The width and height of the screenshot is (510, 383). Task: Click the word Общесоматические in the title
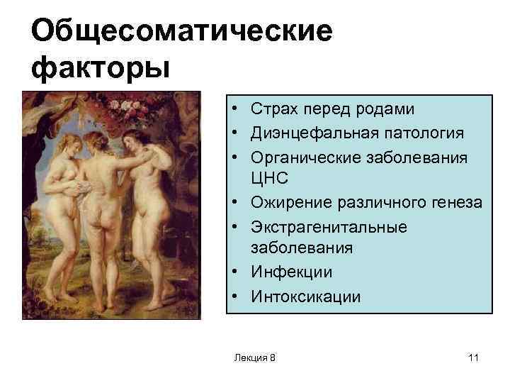coord(181,32)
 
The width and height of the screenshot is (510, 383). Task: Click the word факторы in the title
coord(101,68)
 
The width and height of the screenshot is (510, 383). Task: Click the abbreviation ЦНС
coord(266,179)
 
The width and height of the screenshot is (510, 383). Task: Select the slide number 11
coord(474,358)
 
